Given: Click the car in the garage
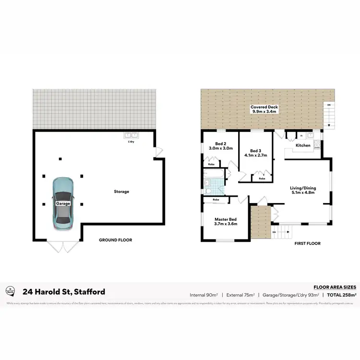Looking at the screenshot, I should (x=63, y=203).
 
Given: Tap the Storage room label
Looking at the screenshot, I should (x=121, y=192).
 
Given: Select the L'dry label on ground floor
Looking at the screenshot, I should (x=131, y=142).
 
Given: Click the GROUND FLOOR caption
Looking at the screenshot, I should (x=115, y=240).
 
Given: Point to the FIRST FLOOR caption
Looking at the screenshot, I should (x=308, y=243).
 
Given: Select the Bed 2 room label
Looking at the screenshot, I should (x=220, y=146).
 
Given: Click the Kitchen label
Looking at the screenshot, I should (x=303, y=145).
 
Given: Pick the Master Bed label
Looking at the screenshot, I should (x=226, y=221).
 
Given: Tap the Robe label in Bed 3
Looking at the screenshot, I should (x=262, y=179).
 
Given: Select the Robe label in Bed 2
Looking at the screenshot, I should (x=211, y=165).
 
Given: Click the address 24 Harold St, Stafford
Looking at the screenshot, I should (x=64, y=291).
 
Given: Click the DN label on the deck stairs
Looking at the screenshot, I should (x=329, y=105).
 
